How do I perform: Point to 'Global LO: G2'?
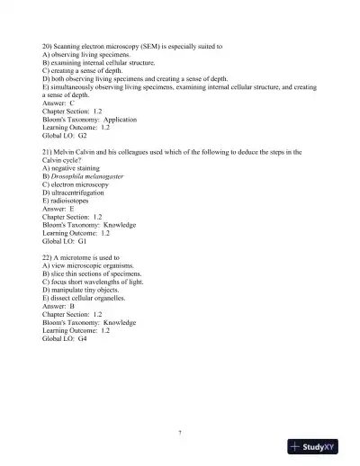(x=65, y=135)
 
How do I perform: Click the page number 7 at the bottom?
(x=180, y=433)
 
